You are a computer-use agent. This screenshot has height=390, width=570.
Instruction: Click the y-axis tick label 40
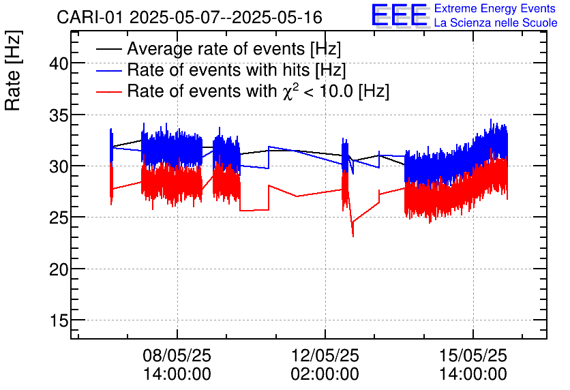(x=59, y=63)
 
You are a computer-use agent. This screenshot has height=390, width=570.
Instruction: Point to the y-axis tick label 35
(x=59, y=115)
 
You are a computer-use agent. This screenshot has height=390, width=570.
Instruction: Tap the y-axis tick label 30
(x=59, y=166)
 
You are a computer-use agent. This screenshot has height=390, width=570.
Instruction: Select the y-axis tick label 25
(x=59, y=217)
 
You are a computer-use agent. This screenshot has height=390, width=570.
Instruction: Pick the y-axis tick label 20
(x=59, y=269)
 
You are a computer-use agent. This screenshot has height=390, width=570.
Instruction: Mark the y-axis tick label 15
(x=59, y=320)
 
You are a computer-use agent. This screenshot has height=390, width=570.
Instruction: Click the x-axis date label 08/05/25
(x=177, y=355)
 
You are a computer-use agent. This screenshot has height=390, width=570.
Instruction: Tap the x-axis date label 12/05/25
(x=325, y=355)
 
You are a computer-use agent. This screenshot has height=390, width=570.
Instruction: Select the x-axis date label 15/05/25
(x=473, y=355)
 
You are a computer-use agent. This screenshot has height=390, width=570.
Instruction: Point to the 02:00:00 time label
(x=325, y=374)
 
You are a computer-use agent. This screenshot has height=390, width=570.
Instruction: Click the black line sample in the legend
(x=109, y=50)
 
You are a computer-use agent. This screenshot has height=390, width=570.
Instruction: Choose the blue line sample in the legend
(x=109, y=70)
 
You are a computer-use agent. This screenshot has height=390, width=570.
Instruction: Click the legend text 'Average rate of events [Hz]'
(x=234, y=50)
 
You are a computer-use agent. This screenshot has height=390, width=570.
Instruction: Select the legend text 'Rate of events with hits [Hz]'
(x=237, y=70)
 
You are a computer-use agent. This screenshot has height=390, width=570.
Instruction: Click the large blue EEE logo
(x=400, y=15)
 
